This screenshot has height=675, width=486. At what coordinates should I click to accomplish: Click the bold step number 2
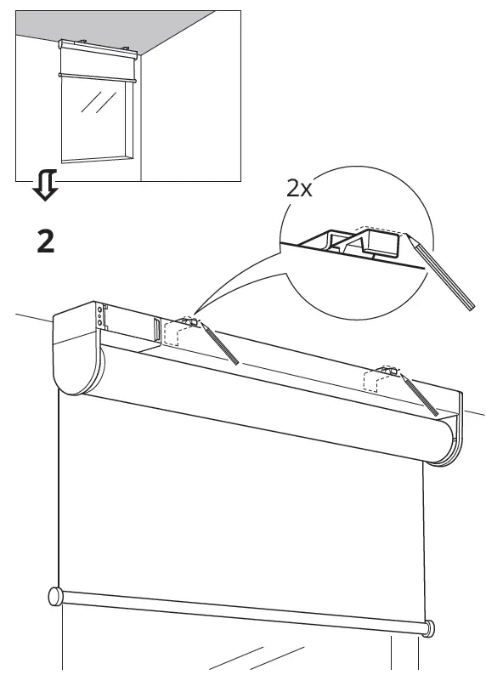pyautogui.click(x=46, y=242)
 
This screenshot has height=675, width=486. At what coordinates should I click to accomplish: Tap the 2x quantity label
pyautogui.click(x=299, y=188)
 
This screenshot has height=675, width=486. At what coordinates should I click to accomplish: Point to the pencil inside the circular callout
pyautogui.click(x=443, y=274)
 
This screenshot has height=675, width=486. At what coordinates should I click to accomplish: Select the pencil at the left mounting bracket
pyautogui.click(x=218, y=343)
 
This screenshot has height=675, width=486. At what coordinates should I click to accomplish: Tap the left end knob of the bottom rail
pyautogui.click(x=55, y=596)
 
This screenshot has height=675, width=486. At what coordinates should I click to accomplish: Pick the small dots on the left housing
pyautogui.click(x=101, y=316)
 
